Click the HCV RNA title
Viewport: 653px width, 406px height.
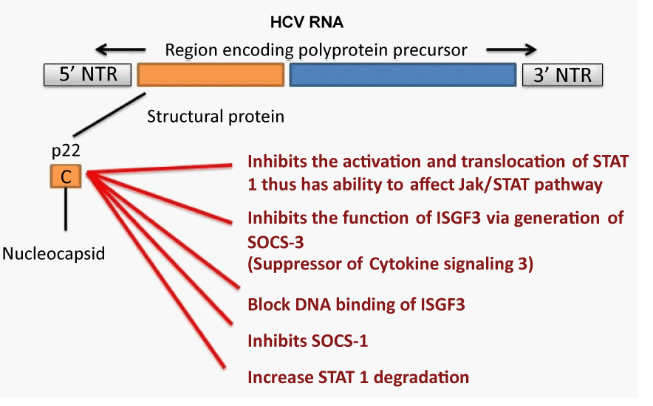pos(307,22)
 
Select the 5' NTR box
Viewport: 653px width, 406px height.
pos(87,75)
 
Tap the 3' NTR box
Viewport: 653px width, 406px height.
pos(562,75)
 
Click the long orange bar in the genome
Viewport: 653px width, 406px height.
pos(211,75)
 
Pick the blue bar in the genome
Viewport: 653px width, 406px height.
pos(403,75)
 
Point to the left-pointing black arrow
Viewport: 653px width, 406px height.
pos(120,50)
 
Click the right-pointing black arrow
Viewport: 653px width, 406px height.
pos(511,50)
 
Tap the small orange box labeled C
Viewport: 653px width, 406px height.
pos(66,176)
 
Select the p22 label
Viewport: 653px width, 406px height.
pos(66,151)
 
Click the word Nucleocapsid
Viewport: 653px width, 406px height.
pos(54,253)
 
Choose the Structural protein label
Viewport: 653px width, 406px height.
pos(215,117)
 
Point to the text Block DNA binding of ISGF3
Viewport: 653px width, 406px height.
pos(356,304)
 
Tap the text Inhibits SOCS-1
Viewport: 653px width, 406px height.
pos(308,341)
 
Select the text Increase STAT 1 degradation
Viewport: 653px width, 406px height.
pos(358,377)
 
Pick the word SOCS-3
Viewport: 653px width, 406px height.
pos(276,242)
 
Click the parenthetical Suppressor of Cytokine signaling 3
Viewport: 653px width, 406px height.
pos(390,264)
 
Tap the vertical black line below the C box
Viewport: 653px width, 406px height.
pos(66,209)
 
